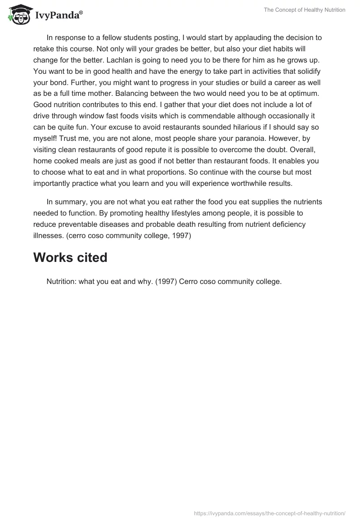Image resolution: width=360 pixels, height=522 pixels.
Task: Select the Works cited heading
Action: pos(70,257)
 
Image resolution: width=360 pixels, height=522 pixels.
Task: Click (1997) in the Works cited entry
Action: pos(164,282)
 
